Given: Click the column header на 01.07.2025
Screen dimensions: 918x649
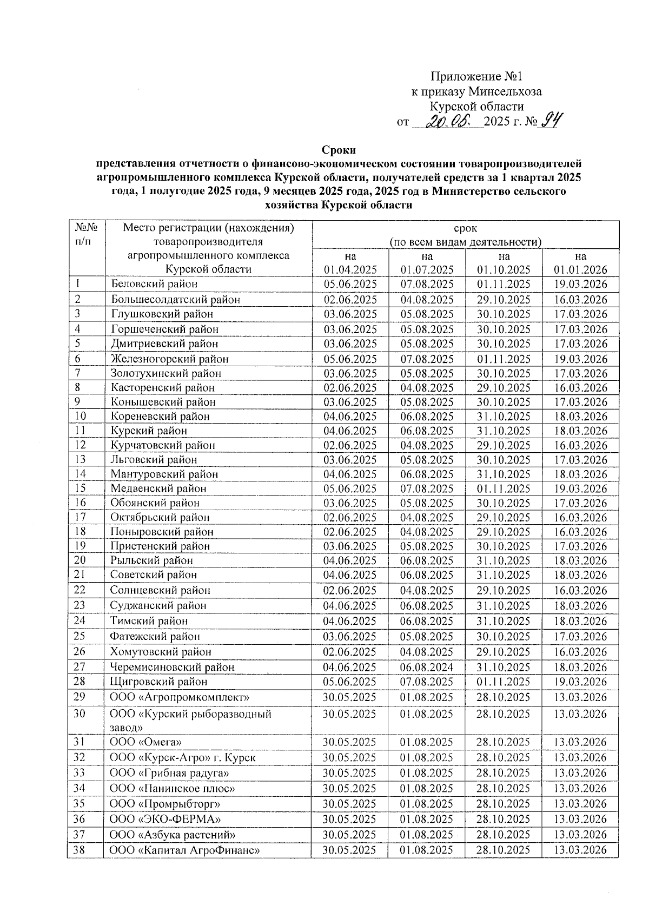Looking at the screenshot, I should click(427, 263).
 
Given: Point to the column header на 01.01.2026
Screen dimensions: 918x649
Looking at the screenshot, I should click(580, 263).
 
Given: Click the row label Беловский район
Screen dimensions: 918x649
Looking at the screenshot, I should click(154, 284).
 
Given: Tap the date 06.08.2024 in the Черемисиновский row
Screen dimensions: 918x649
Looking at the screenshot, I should click(427, 668).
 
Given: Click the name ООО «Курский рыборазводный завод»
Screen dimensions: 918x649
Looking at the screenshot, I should click(190, 721).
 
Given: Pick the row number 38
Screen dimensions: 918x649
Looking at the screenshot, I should click(79, 850).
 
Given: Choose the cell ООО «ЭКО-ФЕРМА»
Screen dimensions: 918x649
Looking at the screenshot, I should click(165, 820).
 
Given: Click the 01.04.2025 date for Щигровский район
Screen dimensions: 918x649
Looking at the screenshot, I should click(350, 682).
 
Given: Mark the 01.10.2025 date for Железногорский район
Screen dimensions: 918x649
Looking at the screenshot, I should click(504, 359).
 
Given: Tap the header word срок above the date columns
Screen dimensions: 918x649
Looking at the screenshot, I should click(465, 228).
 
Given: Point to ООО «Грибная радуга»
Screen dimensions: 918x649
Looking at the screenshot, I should click(169, 773).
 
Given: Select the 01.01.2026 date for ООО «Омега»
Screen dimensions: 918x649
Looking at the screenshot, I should click(580, 742).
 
